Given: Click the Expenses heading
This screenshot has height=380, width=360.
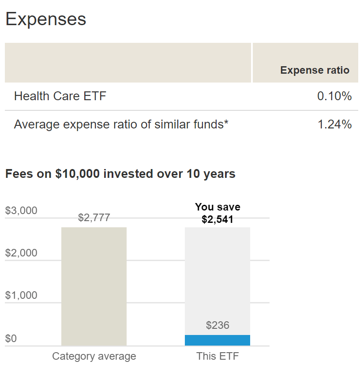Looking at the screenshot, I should (x=45, y=19).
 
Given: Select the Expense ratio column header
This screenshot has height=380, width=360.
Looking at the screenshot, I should (x=315, y=70).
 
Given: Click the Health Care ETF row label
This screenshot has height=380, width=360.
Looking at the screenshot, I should (x=60, y=96).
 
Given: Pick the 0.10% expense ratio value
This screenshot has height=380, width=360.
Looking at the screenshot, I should (x=334, y=96).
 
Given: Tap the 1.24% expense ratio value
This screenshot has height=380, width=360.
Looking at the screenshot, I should (x=334, y=124).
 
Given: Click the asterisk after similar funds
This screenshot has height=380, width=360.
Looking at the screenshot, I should (x=226, y=123).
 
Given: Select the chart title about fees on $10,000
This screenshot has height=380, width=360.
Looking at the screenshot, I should (x=120, y=174).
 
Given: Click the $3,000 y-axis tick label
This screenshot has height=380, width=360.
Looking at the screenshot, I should (x=21, y=211).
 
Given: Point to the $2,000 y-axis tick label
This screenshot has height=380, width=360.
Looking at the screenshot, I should (x=21, y=253).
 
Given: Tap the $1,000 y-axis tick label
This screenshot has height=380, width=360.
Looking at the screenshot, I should (x=21, y=295).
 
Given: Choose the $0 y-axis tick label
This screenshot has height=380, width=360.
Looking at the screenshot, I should (x=11, y=339).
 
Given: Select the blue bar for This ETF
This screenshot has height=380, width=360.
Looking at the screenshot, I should (x=217, y=340).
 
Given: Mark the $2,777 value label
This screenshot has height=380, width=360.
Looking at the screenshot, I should (x=94, y=218).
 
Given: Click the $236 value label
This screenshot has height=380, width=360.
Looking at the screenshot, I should (x=217, y=326).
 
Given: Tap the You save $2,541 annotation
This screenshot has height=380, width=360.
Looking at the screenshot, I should (x=217, y=213).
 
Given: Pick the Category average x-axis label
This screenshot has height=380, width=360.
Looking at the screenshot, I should (x=94, y=356).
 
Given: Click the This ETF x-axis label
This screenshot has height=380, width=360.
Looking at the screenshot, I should (x=217, y=356).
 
